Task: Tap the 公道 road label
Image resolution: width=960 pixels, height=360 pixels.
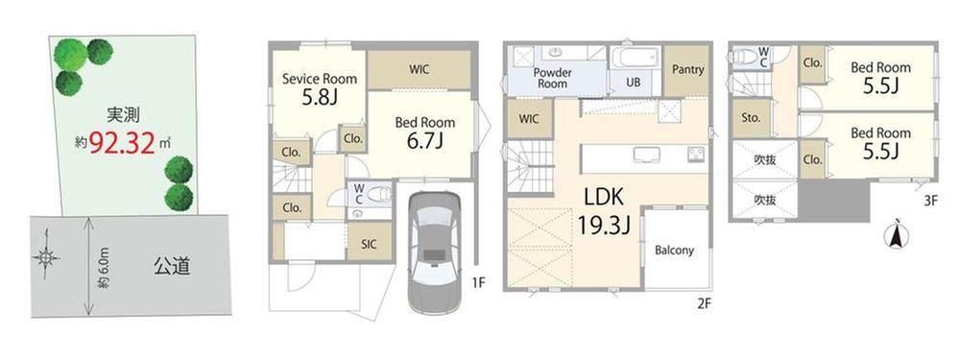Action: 172,266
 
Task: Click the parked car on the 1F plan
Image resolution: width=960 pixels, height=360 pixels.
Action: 434,252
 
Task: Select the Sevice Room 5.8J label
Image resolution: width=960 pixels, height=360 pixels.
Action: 319,88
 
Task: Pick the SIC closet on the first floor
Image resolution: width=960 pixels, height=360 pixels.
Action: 370,243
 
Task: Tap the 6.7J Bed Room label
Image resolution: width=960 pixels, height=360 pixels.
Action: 425,132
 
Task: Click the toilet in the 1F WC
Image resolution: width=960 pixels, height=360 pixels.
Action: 376,194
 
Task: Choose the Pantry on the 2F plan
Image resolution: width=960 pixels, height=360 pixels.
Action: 687,70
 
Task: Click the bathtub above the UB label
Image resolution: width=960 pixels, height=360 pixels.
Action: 636,59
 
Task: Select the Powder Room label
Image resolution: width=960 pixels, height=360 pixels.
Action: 552,78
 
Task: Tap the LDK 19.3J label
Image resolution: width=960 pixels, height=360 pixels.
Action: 604,212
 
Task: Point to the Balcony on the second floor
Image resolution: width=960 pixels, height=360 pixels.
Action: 674,250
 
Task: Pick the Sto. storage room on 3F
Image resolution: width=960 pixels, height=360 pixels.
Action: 751,119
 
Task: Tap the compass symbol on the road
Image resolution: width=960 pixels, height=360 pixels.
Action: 46,257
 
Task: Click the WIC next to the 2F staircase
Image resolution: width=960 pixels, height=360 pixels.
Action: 530,119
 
